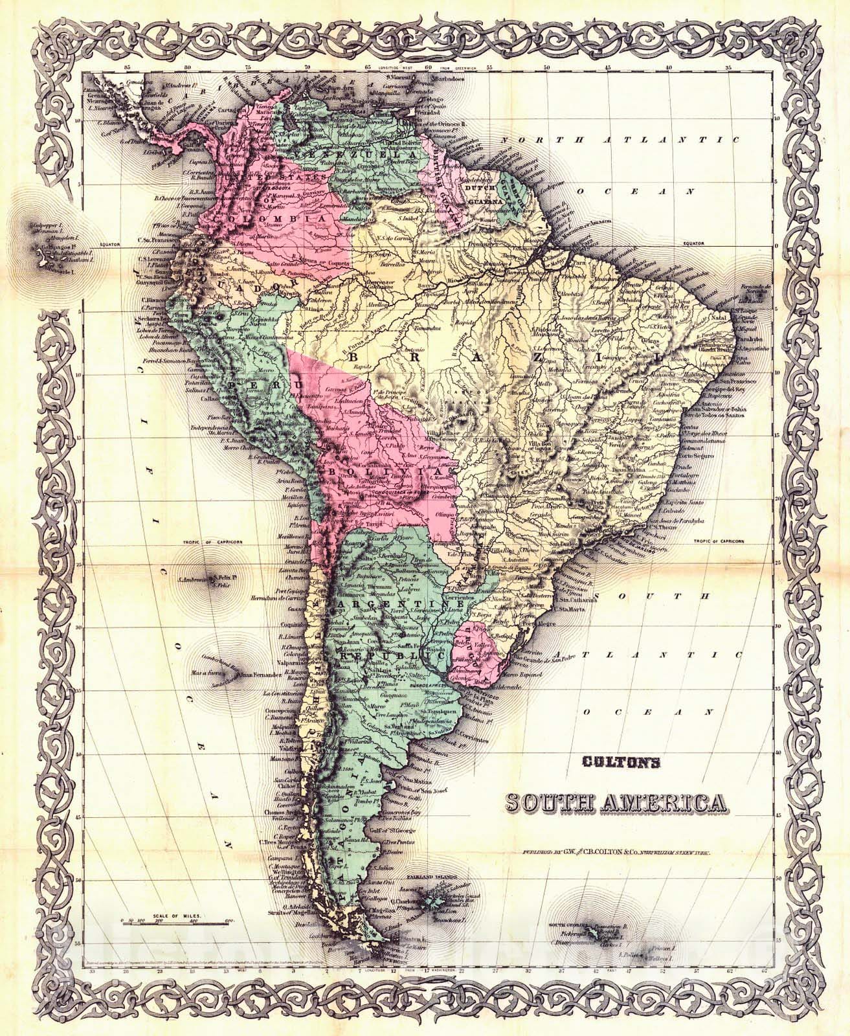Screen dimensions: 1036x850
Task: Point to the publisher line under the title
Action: [x=618, y=854]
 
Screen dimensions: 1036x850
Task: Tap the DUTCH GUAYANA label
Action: [x=476, y=194]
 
